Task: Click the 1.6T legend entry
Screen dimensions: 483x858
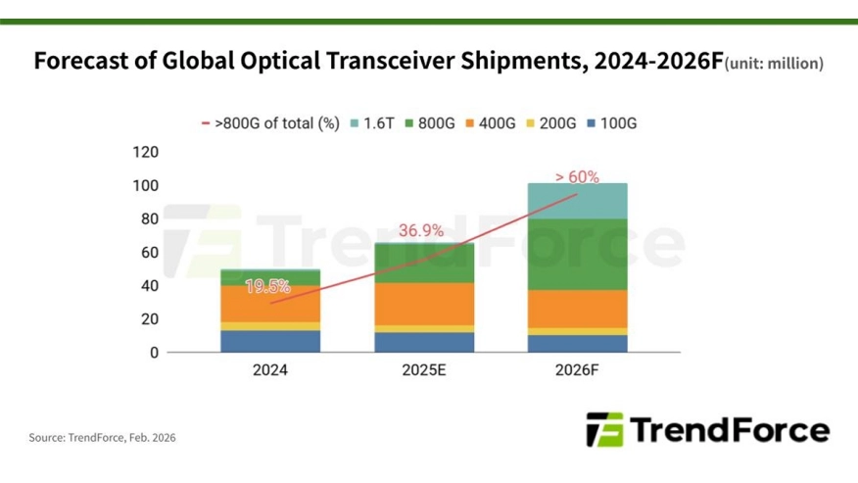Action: tap(373, 123)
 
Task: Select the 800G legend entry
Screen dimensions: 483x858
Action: tap(431, 123)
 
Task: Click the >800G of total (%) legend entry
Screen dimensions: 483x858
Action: tap(270, 123)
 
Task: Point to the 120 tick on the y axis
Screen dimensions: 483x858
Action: tap(145, 152)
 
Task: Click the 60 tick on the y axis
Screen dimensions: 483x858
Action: tap(149, 252)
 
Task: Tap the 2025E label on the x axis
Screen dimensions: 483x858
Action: tap(425, 371)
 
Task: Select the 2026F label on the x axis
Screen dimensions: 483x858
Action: tap(578, 371)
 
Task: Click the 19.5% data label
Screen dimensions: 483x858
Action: tap(267, 286)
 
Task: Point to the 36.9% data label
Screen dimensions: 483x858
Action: tap(421, 231)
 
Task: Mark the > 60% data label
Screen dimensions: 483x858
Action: tap(577, 177)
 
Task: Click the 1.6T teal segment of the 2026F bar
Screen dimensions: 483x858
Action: tap(578, 201)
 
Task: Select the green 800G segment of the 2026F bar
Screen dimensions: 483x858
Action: tap(578, 255)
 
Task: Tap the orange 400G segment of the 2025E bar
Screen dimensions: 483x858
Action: tap(425, 304)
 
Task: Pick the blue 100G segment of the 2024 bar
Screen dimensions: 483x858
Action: tap(271, 341)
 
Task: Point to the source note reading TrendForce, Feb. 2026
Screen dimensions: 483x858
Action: tap(103, 437)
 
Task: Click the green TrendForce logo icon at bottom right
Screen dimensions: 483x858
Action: tap(603, 429)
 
